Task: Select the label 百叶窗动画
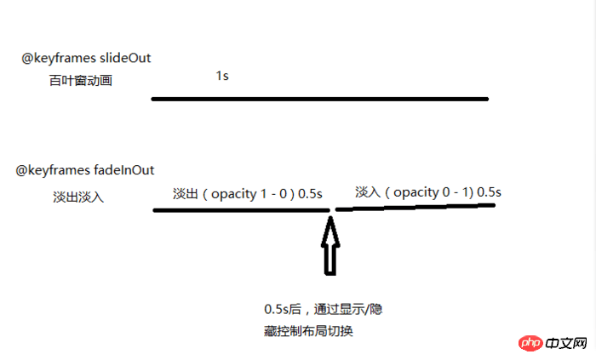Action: click(x=81, y=82)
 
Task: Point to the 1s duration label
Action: click(x=221, y=76)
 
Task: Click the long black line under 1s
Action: click(x=319, y=100)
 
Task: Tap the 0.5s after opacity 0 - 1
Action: click(x=489, y=192)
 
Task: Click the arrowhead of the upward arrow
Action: click(x=330, y=229)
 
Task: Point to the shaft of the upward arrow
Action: click(x=330, y=260)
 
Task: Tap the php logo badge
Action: click(x=530, y=343)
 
